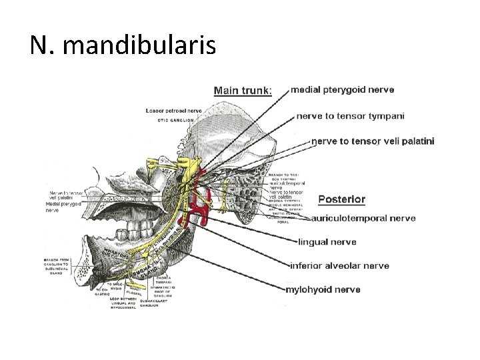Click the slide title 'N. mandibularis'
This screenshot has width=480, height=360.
(123, 45)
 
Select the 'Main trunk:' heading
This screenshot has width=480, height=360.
(243, 91)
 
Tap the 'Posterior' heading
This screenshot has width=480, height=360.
(341, 199)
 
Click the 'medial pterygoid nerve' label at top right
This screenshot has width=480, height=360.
(343, 89)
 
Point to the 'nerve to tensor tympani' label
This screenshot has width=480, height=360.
(351, 115)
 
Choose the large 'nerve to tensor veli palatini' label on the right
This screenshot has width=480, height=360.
(373, 141)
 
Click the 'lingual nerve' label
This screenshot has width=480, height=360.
(327, 242)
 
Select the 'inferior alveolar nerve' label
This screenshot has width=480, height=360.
(339, 265)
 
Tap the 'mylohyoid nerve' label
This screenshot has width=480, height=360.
(323, 289)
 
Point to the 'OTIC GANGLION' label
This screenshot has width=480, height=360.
(175, 120)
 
